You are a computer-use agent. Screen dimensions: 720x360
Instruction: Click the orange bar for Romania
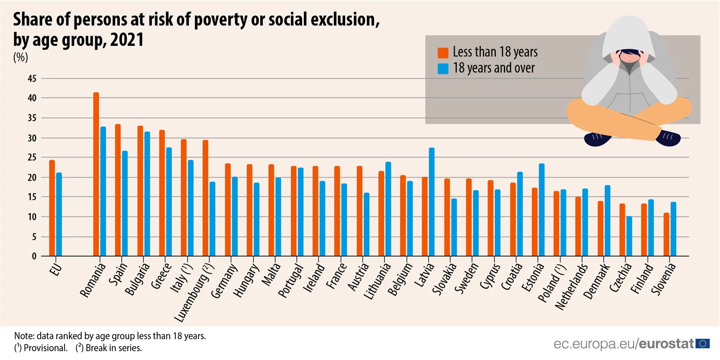click(x=96, y=174)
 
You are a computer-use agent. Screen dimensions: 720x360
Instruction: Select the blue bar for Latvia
click(x=431, y=202)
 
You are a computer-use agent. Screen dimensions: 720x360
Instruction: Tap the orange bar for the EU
click(x=52, y=208)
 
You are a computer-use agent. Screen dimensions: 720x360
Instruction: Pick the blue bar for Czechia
click(x=629, y=236)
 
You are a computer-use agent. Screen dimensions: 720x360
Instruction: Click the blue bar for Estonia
click(x=542, y=210)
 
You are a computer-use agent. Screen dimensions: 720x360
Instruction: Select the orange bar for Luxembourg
click(x=205, y=198)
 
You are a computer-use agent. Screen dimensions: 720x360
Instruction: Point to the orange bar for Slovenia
click(x=667, y=235)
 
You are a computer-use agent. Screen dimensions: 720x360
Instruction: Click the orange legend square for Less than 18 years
click(x=443, y=52)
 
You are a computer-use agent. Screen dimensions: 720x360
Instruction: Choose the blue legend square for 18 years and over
click(x=443, y=69)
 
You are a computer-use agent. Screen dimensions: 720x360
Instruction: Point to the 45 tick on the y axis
click(x=32, y=78)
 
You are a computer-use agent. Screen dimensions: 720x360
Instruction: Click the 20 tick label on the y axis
click(x=32, y=177)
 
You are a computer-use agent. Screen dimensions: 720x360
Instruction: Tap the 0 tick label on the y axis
click(x=34, y=257)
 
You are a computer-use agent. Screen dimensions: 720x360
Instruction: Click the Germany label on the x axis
click(x=224, y=280)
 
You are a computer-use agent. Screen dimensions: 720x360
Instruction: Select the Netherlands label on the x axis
click(x=571, y=286)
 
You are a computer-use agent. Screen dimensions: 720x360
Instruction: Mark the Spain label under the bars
click(x=118, y=274)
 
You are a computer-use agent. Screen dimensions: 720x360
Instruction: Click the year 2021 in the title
click(x=127, y=40)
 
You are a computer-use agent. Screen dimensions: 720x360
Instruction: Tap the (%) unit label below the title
click(x=21, y=57)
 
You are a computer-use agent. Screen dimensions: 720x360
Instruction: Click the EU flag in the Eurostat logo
click(x=703, y=344)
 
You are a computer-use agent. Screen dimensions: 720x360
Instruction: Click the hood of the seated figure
click(x=628, y=37)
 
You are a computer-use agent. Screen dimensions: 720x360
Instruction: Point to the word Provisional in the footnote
click(x=45, y=348)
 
